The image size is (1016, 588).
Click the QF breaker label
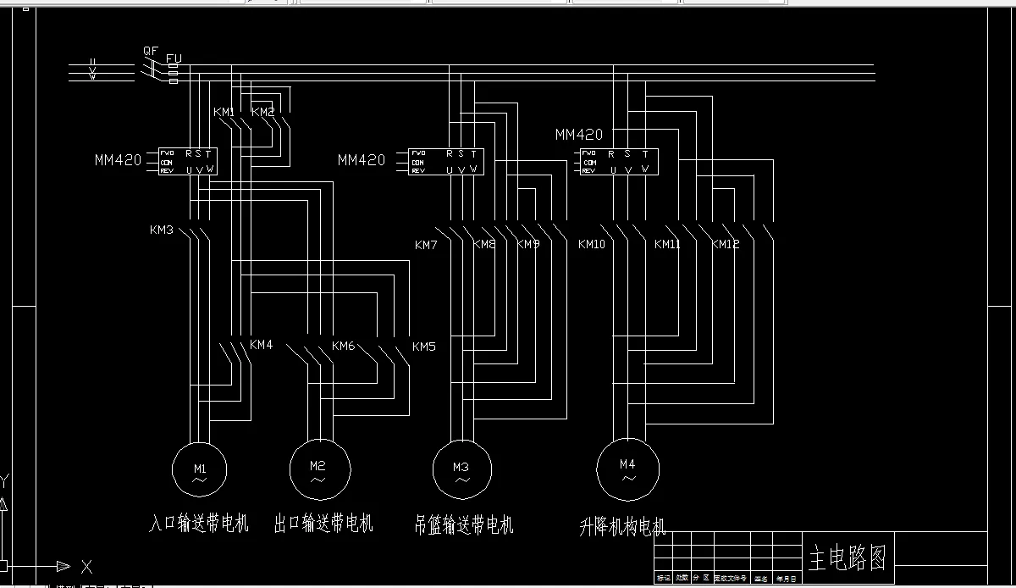click(150, 51)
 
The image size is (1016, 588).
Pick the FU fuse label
click(174, 58)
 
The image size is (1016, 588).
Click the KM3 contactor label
click(162, 230)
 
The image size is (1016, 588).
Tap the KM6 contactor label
click(343, 346)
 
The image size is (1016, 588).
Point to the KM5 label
click(424, 347)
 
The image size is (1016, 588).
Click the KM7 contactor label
click(426, 245)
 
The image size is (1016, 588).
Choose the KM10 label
click(591, 245)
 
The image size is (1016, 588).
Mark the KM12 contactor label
click(726, 245)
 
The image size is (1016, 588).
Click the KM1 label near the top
click(224, 112)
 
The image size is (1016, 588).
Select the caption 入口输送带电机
click(199, 523)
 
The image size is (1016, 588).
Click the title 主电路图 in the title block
click(848, 557)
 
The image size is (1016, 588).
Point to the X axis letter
click(86, 566)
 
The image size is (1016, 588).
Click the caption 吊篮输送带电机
click(464, 524)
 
